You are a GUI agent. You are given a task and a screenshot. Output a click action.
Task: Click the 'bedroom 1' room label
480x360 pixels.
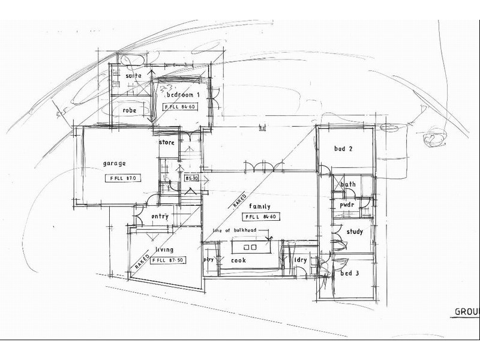click(182, 95)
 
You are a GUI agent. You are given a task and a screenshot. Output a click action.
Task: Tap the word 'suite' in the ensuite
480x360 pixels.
click(133, 76)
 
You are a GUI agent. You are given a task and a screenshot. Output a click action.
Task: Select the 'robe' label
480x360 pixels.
click(130, 111)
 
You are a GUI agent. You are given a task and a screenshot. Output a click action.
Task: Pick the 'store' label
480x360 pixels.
click(166, 143)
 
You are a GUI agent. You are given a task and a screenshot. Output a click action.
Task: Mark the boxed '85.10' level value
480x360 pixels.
click(192, 178)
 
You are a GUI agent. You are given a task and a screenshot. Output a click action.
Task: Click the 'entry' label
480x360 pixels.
click(160, 217)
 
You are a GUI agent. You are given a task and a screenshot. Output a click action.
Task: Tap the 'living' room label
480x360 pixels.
click(164, 250)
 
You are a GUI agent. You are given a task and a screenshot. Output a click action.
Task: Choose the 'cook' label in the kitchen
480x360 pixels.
click(239, 260)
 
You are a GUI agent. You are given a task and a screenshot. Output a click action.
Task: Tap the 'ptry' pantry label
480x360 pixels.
click(209, 260)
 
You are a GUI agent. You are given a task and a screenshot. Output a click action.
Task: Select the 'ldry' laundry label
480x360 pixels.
click(301, 260)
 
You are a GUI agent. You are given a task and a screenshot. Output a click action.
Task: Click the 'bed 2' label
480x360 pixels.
click(343, 149)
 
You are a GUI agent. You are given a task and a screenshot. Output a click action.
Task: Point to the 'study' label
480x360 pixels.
click(355, 232)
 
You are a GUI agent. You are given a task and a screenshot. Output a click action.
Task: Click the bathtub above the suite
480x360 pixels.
click(129, 60)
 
